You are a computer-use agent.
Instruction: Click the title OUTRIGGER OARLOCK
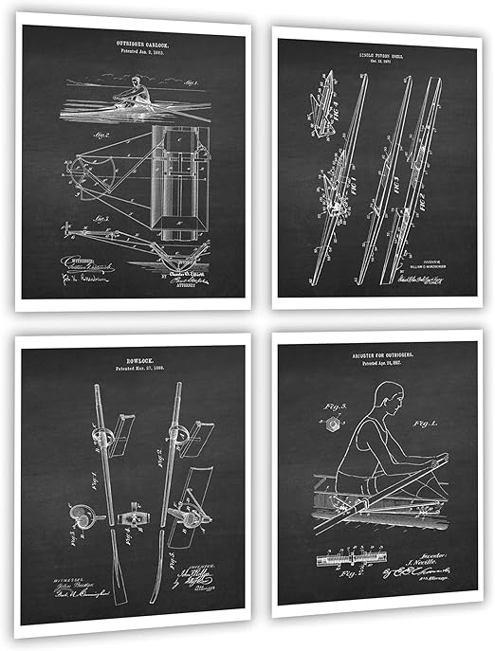click(x=134, y=41)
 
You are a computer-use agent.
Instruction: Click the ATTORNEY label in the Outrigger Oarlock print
click(x=196, y=290)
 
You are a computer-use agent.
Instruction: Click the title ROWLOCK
click(x=134, y=362)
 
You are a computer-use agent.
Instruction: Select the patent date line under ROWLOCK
click(x=134, y=372)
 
